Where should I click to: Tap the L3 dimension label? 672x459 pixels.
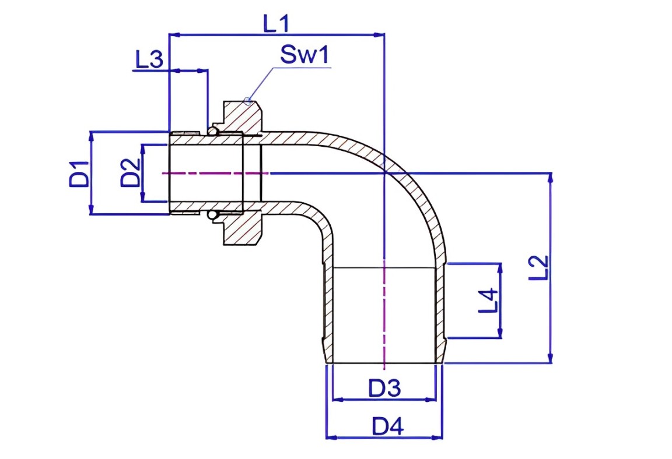[149, 59]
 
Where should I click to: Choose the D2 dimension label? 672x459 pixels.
[130, 173]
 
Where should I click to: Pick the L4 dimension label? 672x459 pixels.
[488, 301]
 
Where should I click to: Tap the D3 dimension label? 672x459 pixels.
[384, 387]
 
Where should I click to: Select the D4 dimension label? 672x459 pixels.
[387, 426]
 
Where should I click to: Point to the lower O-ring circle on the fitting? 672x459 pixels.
[212, 216]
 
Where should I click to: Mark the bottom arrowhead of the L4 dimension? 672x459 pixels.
[500, 333]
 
